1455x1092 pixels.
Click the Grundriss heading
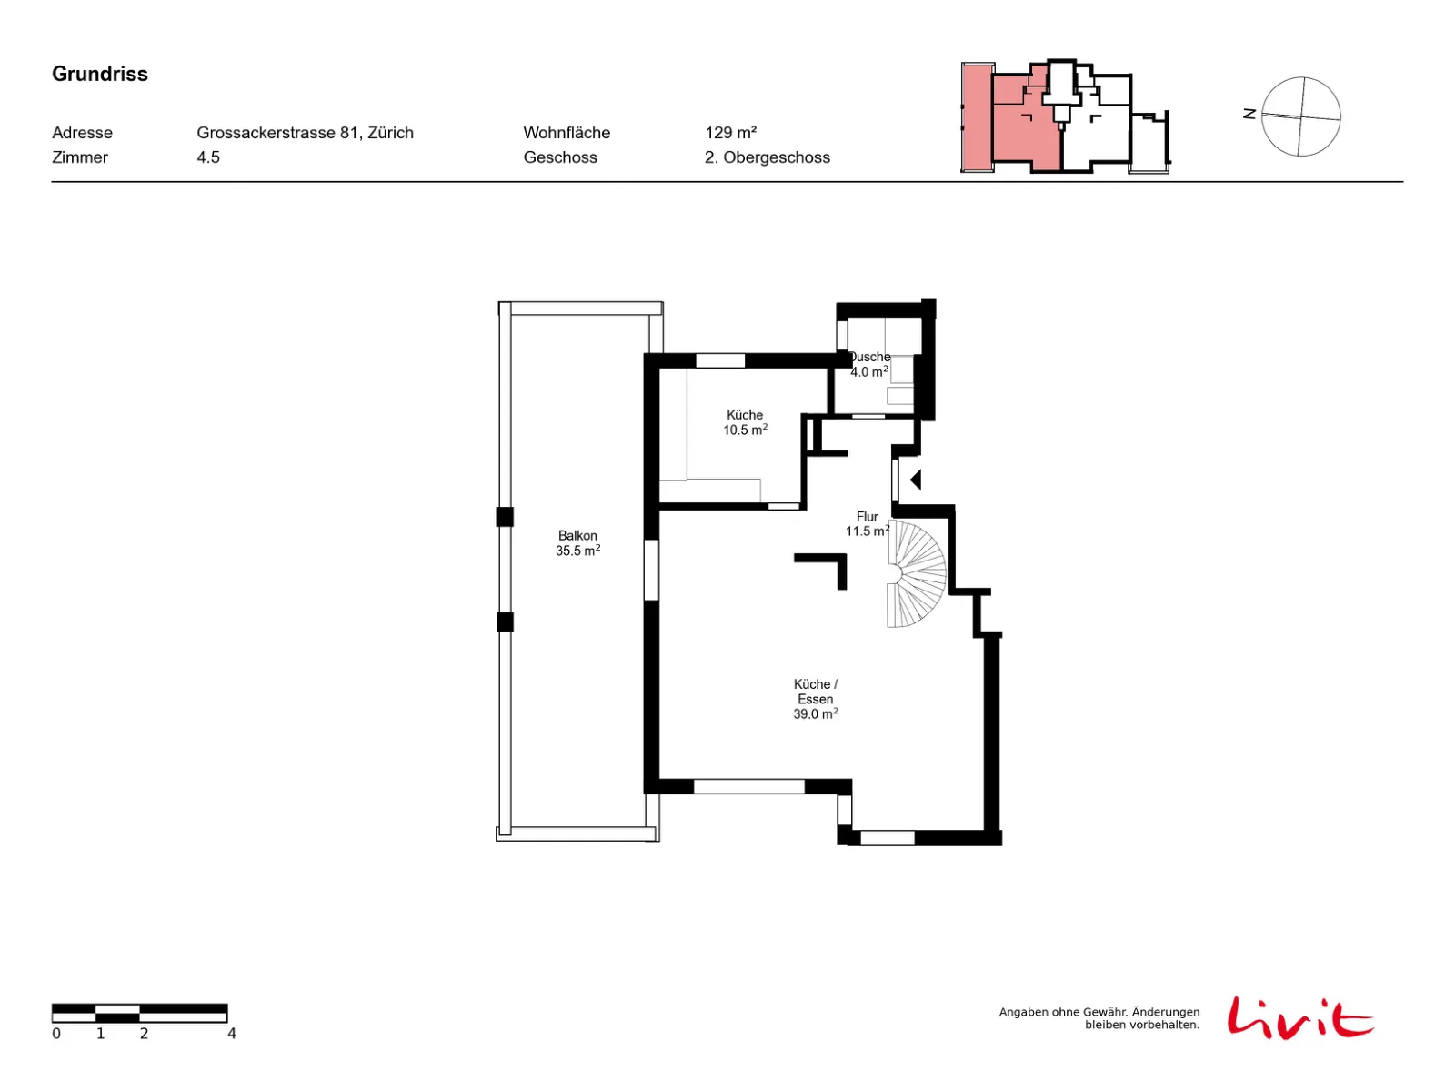[x=99, y=74]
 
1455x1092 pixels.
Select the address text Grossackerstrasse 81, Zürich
[x=305, y=133]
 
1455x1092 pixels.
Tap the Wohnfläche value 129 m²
[x=730, y=133]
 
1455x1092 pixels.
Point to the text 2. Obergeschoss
[x=767, y=157]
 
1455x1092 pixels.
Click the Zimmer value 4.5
[x=208, y=157]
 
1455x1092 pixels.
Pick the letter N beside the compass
[x=1249, y=114]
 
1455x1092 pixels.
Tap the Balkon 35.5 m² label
[x=577, y=542]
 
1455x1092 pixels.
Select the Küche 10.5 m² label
[x=745, y=422]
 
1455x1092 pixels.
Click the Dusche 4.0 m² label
[x=869, y=364]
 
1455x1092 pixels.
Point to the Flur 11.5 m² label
[x=867, y=523]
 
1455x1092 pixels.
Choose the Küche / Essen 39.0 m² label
[x=816, y=699]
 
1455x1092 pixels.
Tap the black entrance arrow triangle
[x=916, y=480]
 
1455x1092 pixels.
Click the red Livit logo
[x=1299, y=1017]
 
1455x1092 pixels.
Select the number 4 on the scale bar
[x=232, y=1033]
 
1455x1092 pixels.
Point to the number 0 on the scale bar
[x=56, y=1033]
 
